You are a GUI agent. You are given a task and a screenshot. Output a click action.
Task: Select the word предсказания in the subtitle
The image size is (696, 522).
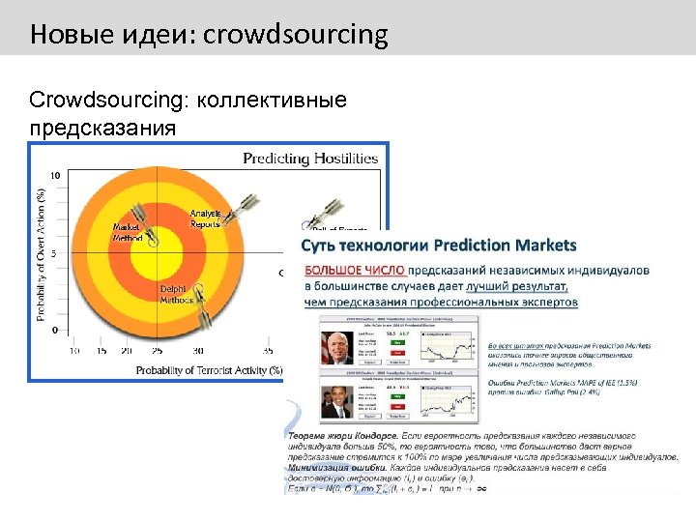click(x=103, y=127)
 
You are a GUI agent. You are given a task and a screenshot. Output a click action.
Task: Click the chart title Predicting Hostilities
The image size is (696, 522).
click(x=309, y=159)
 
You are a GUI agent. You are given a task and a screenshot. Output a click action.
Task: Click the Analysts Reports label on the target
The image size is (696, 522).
click(x=205, y=218)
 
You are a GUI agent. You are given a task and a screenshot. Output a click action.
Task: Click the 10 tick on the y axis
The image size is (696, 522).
click(x=55, y=176)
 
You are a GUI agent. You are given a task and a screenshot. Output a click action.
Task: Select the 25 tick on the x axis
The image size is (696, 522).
click(x=157, y=351)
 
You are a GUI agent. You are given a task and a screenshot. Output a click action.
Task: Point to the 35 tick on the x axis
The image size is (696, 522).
click(x=268, y=351)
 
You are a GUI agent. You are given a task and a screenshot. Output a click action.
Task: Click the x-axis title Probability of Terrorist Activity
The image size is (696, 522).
click(x=209, y=369)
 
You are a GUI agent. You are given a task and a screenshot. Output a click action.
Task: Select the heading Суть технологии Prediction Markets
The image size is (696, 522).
click(x=439, y=246)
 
